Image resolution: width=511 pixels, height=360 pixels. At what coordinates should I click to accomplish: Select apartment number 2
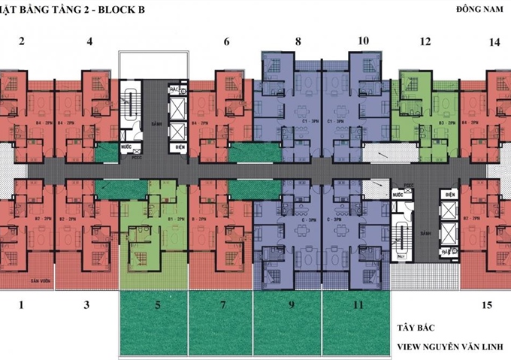[21, 41]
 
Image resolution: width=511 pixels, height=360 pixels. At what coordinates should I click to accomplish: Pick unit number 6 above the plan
[226, 42]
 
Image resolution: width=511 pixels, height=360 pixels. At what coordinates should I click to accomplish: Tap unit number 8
[298, 41]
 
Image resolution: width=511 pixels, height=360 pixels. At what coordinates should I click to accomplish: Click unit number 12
[425, 41]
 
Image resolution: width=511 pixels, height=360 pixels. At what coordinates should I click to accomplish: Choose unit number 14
[494, 42]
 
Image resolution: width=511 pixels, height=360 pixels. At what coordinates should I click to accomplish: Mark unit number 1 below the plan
[21, 304]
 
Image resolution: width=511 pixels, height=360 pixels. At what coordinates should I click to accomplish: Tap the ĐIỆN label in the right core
[449, 194]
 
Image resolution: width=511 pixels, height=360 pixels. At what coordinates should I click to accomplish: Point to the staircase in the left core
[129, 104]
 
